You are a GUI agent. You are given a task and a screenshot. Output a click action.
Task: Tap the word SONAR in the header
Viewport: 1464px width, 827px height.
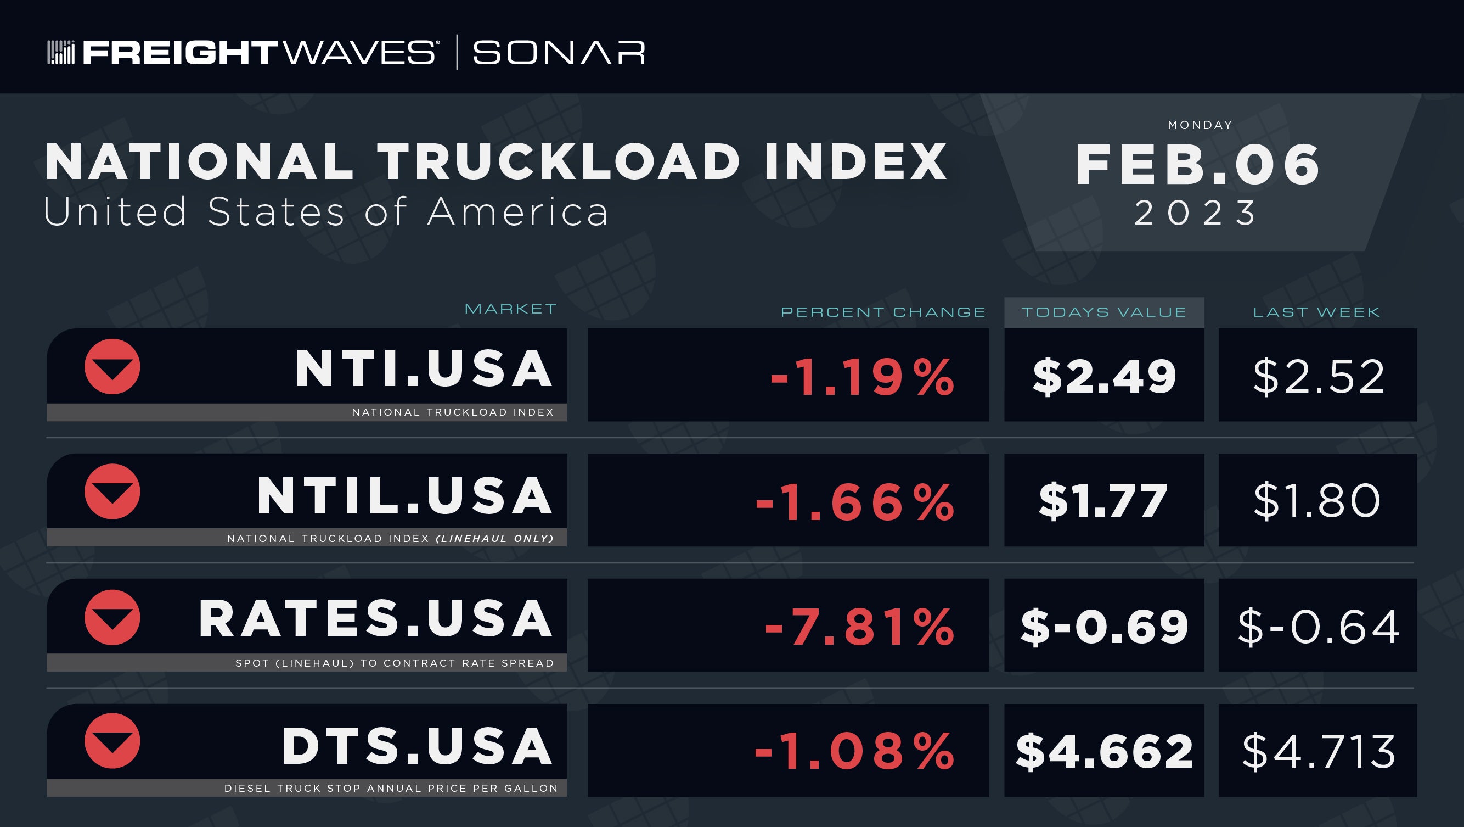[x=559, y=52]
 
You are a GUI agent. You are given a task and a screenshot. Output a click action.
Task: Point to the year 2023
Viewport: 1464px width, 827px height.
[x=1196, y=213]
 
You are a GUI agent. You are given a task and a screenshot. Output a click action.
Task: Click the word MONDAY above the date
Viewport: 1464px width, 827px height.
[x=1200, y=125]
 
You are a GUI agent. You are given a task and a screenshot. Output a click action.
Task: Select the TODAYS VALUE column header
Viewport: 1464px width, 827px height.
[x=1104, y=312]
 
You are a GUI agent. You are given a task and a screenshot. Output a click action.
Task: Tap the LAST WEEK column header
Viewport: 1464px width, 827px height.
[x=1317, y=312]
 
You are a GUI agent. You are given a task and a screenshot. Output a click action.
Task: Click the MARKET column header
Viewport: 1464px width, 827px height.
[x=510, y=309]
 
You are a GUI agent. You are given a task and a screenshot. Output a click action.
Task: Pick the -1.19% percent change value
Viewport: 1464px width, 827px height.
[x=863, y=377]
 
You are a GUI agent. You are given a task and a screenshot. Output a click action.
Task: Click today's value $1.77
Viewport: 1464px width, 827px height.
[x=1103, y=500]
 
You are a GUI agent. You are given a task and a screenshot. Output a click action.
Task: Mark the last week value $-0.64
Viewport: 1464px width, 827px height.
[x=1319, y=626]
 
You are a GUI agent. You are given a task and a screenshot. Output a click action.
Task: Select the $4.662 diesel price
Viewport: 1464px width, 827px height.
[x=1104, y=751]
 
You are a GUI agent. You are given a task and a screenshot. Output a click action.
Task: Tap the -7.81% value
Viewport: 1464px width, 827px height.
[x=860, y=627]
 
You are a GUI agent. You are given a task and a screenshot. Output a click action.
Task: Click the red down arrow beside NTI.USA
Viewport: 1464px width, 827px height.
[x=112, y=367]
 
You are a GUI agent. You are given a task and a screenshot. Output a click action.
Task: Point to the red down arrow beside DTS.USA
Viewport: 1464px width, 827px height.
[x=112, y=741]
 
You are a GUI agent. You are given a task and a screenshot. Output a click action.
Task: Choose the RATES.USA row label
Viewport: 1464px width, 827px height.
[x=375, y=619]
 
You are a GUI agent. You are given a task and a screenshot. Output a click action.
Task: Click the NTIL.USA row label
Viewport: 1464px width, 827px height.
[x=404, y=496]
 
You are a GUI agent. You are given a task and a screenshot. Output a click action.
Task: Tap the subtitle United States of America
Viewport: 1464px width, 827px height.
[x=326, y=211]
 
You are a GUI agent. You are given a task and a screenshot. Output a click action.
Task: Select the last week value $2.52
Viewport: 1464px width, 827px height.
[x=1319, y=376]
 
